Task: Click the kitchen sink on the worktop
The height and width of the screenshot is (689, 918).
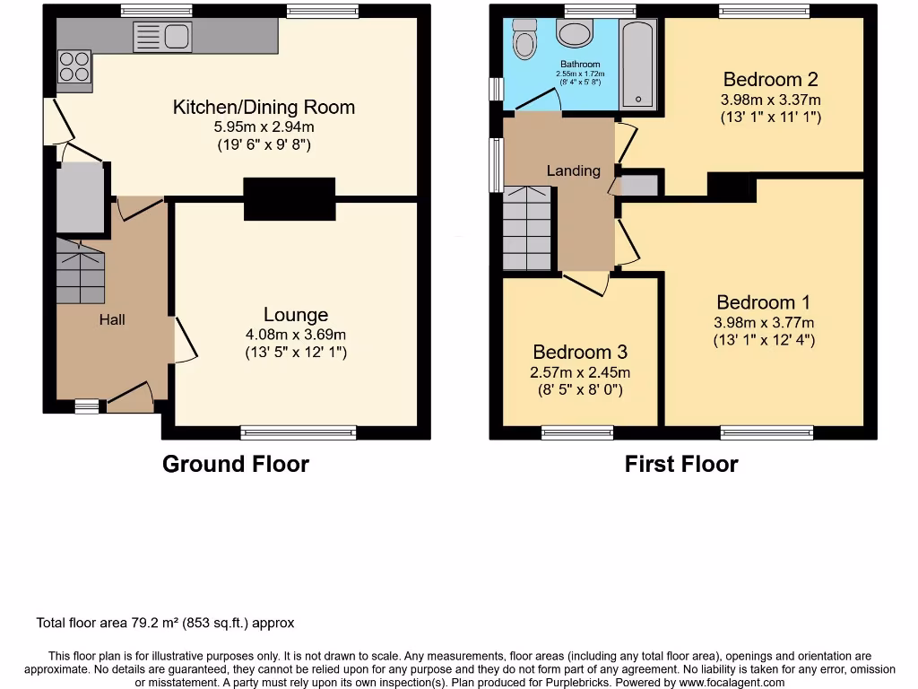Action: point(162,37)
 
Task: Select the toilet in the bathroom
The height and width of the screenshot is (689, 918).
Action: point(524,38)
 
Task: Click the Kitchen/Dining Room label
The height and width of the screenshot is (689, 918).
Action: point(264,108)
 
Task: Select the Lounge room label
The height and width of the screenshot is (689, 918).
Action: point(295,315)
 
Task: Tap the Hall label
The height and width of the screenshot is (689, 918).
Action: point(112,319)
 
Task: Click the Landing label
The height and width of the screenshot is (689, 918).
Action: point(574,170)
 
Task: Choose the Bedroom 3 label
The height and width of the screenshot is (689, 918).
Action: point(580,352)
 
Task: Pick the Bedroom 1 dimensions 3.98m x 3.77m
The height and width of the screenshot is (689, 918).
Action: point(764,323)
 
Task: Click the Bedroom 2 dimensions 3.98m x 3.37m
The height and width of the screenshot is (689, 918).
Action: point(771,100)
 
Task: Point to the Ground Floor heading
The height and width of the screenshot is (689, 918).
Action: point(235,464)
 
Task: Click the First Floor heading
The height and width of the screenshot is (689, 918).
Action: point(681,464)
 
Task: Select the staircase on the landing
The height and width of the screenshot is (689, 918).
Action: point(526,228)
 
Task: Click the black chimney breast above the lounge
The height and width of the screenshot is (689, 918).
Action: point(289,198)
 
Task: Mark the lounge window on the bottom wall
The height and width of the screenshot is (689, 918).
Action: point(298,433)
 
